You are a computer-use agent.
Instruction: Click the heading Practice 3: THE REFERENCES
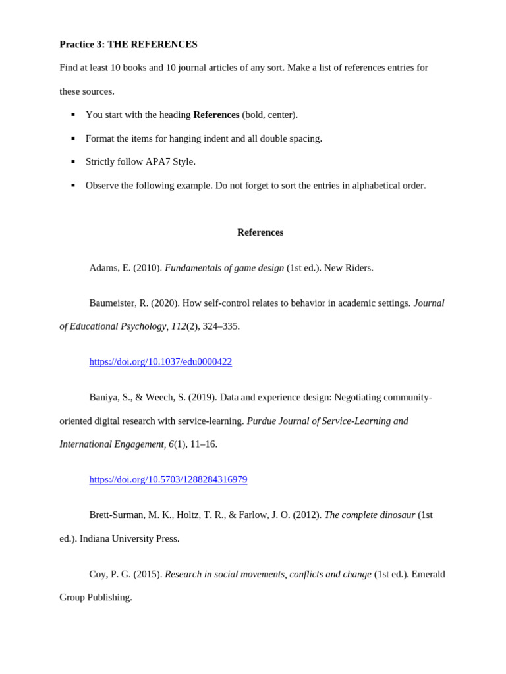pos(128,44)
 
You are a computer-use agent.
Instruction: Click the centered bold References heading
pos(260,232)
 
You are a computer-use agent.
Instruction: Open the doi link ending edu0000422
pos(160,362)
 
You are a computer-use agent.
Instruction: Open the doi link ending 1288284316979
pos(168,479)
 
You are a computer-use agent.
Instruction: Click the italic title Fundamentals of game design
pos(224,268)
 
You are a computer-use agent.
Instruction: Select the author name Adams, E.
pos(109,268)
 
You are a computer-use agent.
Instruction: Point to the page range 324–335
pos(221,326)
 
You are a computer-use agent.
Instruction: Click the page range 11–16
pos(204,444)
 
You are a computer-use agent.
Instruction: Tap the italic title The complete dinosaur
pos(370,515)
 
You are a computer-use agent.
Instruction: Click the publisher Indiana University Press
pos(129,538)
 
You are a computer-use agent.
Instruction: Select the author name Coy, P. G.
pos(109,574)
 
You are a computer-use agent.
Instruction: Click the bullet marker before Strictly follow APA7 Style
pos(73,162)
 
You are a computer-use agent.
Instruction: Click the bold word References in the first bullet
pos(216,115)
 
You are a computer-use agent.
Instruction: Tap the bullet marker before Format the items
pos(73,138)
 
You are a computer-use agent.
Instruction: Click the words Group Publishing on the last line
pos(96,597)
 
